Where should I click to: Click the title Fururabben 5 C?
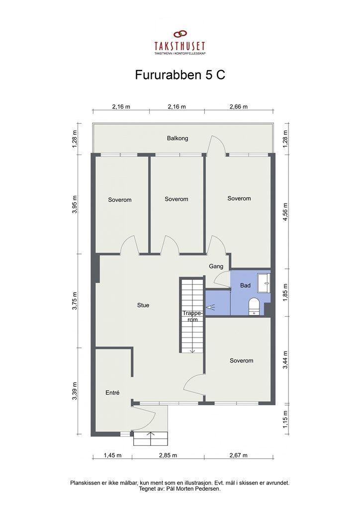pyautogui.click(x=180, y=75)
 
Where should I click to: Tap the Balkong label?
pyautogui.click(x=178, y=138)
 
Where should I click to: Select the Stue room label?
pyautogui.click(x=143, y=305)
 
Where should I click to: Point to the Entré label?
pyautogui.click(x=113, y=393)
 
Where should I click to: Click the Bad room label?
pyautogui.click(x=246, y=285)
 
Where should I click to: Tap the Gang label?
pyautogui.click(x=216, y=266)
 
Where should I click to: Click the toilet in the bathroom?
pyautogui.click(x=254, y=307)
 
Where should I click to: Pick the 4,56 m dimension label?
pyautogui.click(x=285, y=212)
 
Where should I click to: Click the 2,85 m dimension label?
pyautogui.click(x=168, y=455)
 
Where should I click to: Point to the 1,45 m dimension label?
pyautogui.click(x=113, y=455)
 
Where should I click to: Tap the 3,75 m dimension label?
pyautogui.click(x=75, y=301)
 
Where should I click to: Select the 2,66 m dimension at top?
pyautogui.click(x=239, y=106)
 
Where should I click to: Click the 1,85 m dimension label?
pyautogui.click(x=285, y=292)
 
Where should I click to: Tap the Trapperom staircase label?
pyautogui.click(x=192, y=316)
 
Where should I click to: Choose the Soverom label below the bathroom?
pyautogui.click(x=241, y=360)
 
